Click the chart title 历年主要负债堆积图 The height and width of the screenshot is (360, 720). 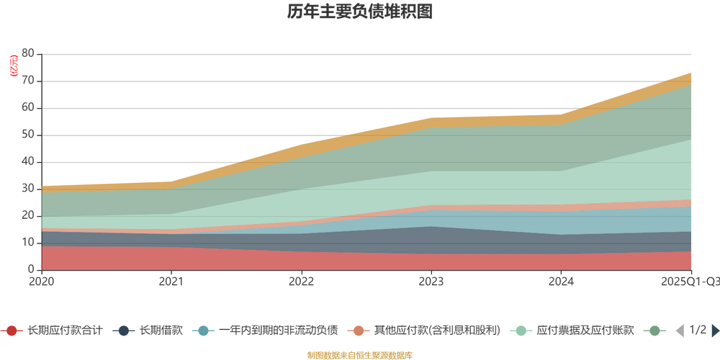[359, 12]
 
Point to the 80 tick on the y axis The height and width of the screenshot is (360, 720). [28, 54]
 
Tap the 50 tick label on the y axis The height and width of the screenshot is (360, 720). [28, 135]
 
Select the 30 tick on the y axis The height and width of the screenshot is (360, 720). [28, 189]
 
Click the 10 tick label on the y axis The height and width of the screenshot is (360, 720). [28, 243]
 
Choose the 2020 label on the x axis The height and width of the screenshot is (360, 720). [42, 282]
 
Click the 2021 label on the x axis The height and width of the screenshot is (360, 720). [171, 282]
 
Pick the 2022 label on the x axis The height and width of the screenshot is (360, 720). [301, 282]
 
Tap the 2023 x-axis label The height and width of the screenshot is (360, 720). [431, 282]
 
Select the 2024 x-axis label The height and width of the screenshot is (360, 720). [560, 282]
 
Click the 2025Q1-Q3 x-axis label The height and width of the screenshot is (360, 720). [690, 282]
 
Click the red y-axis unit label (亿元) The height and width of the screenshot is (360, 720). [14, 66]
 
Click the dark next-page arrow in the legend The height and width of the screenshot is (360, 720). [715, 330]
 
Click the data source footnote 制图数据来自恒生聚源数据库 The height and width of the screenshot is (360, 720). [359, 355]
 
